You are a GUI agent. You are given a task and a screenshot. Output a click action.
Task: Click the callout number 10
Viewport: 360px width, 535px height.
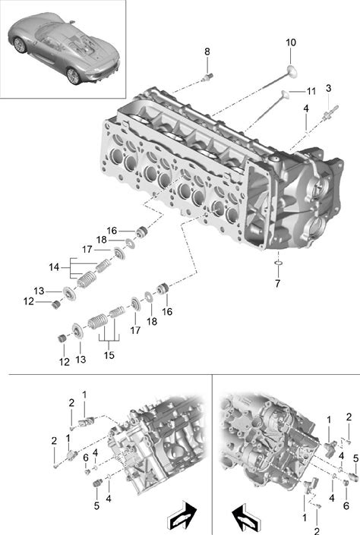coord(291,42)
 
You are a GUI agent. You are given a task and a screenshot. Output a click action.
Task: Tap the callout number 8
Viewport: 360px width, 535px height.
coord(207,52)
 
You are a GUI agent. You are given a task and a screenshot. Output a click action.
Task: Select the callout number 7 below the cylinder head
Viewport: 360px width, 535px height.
coord(277,283)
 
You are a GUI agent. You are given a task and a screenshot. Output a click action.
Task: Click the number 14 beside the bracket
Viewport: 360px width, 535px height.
coord(54,267)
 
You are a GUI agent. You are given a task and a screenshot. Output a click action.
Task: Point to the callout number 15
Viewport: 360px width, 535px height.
coord(109,355)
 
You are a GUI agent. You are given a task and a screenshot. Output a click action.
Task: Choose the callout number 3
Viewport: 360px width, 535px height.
coord(328,88)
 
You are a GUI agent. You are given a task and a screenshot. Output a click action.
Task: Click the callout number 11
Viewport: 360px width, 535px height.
coord(311,91)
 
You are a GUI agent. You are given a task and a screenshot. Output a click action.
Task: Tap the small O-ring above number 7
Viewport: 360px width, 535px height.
coord(279,263)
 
